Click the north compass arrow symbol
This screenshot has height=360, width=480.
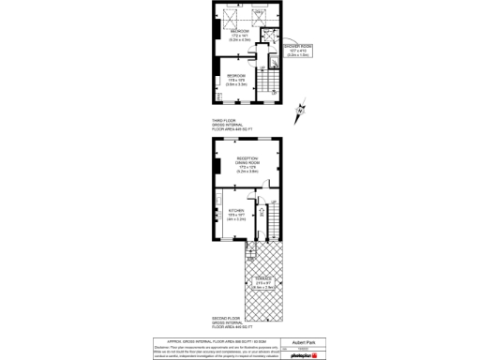300,111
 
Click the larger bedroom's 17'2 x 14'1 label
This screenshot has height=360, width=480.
240,37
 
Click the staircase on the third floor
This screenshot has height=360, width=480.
267,90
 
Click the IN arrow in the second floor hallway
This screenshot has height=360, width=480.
262,236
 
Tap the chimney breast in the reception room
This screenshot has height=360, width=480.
217,168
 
